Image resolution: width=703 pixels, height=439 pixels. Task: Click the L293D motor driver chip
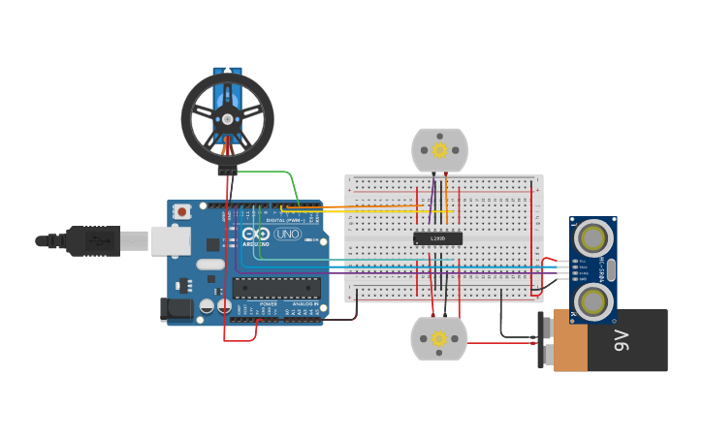click(x=437, y=238)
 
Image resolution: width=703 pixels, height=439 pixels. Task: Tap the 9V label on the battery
click(x=621, y=341)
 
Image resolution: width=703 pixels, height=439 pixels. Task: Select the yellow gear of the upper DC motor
click(x=439, y=150)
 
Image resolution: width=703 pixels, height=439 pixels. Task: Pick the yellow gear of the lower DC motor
click(x=438, y=338)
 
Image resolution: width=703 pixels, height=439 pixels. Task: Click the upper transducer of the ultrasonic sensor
click(x=593, y=237)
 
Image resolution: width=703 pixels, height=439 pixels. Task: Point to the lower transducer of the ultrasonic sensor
click(x=593, y=300)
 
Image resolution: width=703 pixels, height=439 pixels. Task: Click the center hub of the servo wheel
click(x=227, y=118)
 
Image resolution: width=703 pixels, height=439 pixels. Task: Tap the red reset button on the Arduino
click(x=181, y=212)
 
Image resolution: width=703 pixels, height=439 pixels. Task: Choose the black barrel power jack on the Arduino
click(x=173, y=309)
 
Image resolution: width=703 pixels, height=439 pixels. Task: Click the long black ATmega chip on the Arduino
click(x=276, y=288)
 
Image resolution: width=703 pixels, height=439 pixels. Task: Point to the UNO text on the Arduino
click(x=288, y=235)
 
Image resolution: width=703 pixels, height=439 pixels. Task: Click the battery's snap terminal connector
click(x=544, y=340)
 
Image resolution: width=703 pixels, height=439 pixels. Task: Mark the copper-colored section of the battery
click(x=569, y=341)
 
